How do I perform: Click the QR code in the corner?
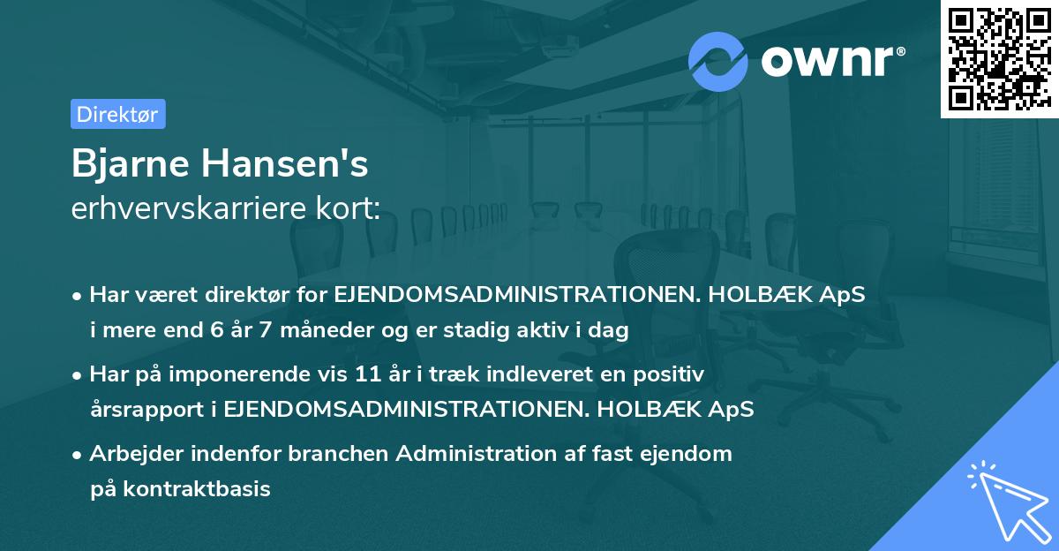pos(999,58)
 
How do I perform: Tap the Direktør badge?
pos(117,114)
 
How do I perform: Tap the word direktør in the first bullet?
pos(258,296)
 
